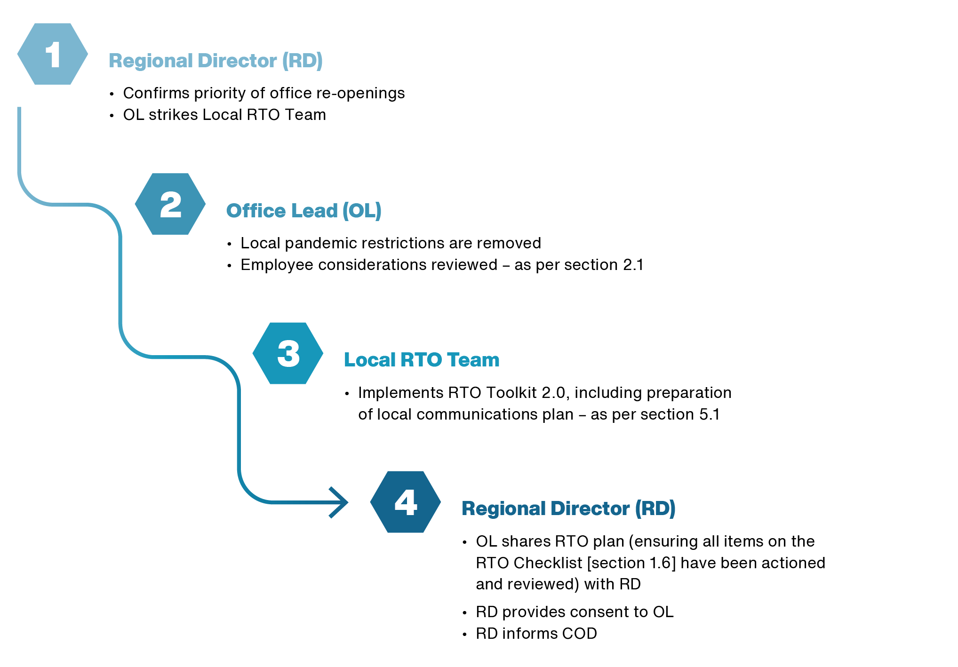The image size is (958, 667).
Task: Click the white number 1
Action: (x=53, y=55)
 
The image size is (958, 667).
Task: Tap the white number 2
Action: (x=170, y=205)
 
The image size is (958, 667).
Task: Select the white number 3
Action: (x=288, y=354)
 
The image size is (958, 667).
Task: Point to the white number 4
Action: (x=406, y=503)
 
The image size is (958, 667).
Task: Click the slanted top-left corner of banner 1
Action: (x=24, y=35)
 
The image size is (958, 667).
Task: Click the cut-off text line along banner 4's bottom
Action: (x=645, y=548)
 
